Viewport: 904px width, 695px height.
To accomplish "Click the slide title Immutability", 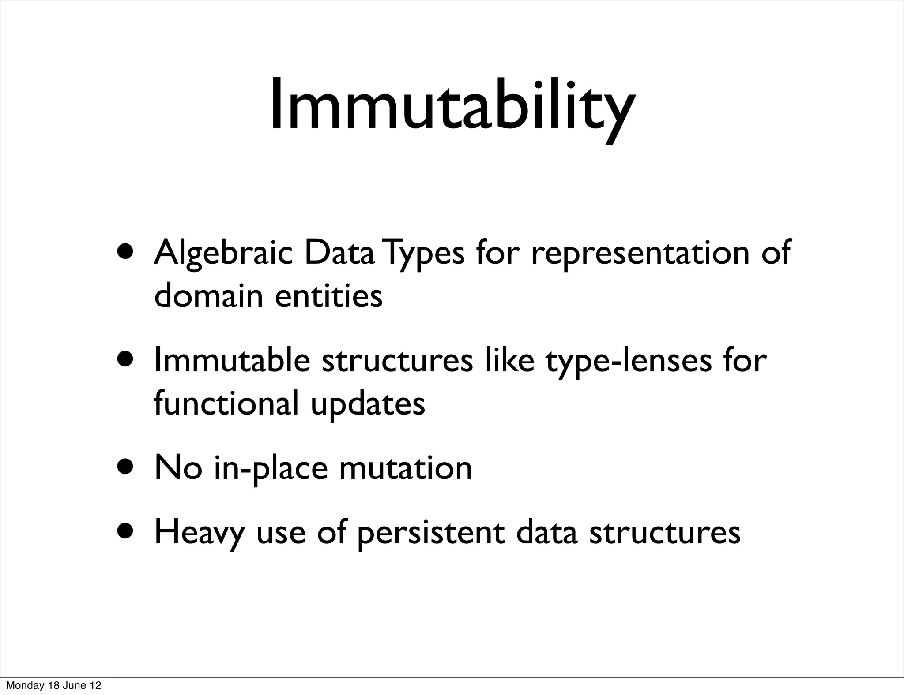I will click(x=452, y=106).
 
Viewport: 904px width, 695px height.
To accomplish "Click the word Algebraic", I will click(x=223, y=253).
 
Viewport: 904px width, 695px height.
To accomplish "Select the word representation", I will click(x=640, y=253).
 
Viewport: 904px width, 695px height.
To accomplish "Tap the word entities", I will click(x=328, y=296).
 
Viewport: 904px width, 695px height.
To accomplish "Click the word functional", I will click(x=226, y=403).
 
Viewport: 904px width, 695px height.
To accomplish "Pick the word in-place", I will click(x=271, y=469).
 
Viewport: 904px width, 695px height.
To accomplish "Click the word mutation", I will click(x=405, y=468).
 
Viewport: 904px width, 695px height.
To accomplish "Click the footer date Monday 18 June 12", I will click(x=53, y=686).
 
